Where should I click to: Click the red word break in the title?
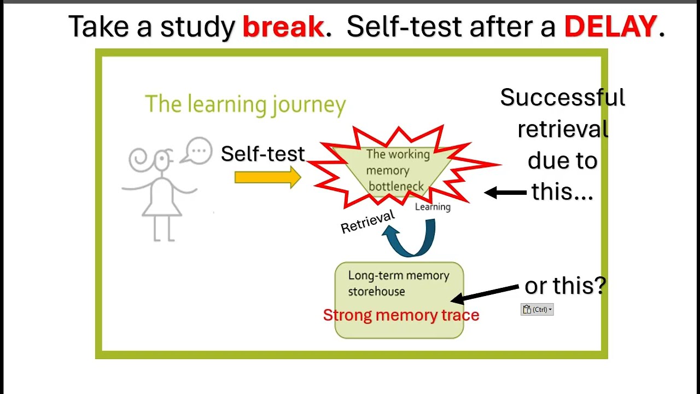coord(283,27)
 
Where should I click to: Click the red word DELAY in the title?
coord(610,27)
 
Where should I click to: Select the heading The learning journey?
coord(245,104)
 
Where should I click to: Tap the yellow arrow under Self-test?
coord(267,177)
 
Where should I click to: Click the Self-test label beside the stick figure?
coord(262,154)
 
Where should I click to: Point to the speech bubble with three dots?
coord(198,150)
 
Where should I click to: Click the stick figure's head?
coord(162,160)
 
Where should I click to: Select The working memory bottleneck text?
coord(397,170)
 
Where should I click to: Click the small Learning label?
coord(433,207)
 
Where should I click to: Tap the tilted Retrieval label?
coord(367,222)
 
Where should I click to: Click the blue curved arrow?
coord(411,239)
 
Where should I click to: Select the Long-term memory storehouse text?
coord(398,283)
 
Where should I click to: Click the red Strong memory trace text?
coord(401,315)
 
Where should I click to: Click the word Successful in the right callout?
coord(562,98)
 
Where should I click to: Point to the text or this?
coord(565,286)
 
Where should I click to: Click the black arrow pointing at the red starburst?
coord(505,193)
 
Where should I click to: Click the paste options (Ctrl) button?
coord(537,310)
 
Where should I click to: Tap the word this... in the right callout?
coord(562,192)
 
